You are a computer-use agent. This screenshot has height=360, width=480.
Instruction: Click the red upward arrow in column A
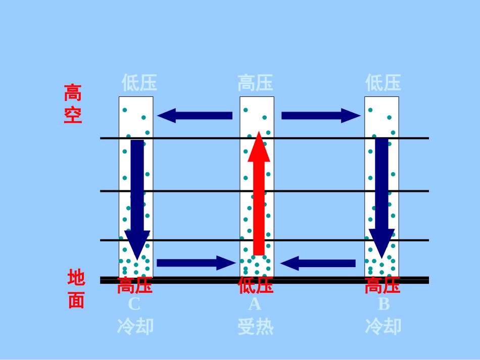coord(259,197)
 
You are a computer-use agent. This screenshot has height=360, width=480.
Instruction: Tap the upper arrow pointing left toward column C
coord(195,116)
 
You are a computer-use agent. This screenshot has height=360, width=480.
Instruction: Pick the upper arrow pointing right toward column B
coord(320,116)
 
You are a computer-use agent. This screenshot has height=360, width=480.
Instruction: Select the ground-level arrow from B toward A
coord(318,263)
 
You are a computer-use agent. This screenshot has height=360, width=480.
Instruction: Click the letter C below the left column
coord(133,304)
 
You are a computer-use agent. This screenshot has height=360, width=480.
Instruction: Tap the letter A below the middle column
coord(255,304)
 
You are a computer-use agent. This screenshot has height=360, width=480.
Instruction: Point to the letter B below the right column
coord(384,304)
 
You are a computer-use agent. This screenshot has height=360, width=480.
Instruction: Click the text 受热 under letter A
coord(256,327)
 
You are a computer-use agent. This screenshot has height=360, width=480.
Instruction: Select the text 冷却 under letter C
coord(135,326)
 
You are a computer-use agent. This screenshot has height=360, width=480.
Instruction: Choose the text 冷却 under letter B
coord(383,326)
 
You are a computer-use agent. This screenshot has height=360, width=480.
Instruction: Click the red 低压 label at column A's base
coord(256,285)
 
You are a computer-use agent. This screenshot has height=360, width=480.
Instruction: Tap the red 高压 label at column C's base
coord(135,286)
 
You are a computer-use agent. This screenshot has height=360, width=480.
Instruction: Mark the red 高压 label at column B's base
coord(382,286)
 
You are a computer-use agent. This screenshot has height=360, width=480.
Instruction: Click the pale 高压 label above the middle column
coord(256,83)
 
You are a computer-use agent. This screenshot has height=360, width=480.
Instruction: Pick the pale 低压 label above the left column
coord(139,83)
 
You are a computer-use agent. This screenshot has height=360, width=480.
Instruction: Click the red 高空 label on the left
coord(73,104)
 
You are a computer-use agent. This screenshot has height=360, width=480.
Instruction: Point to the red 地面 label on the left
coord(76,290)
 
